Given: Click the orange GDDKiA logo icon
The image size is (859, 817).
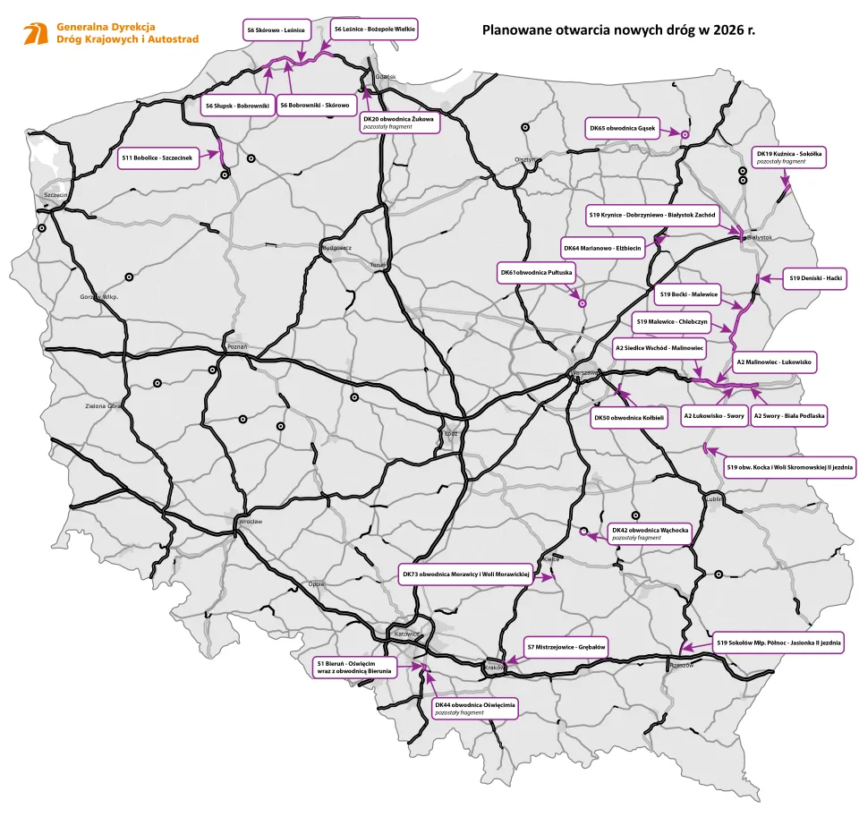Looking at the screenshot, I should (37, 34).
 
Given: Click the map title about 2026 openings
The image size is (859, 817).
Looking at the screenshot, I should (617, 30).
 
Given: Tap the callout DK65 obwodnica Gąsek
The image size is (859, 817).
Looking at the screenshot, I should (623, 128).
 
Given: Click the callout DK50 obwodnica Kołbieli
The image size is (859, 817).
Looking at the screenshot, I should (629, 417).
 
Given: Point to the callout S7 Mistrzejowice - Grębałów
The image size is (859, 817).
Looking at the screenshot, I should (566, 646).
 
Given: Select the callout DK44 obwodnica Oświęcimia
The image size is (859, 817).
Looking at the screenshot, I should (475, 708).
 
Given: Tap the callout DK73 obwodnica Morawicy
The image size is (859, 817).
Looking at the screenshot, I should (466, 574).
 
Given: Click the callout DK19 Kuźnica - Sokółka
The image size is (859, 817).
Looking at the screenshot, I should (788, 157).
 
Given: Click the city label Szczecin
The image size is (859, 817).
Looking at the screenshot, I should (55, 195).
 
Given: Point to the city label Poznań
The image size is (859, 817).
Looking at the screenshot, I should (238, 346).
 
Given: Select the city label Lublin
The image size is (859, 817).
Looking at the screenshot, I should (714, 501).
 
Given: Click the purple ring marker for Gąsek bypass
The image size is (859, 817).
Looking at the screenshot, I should (685, 134).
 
